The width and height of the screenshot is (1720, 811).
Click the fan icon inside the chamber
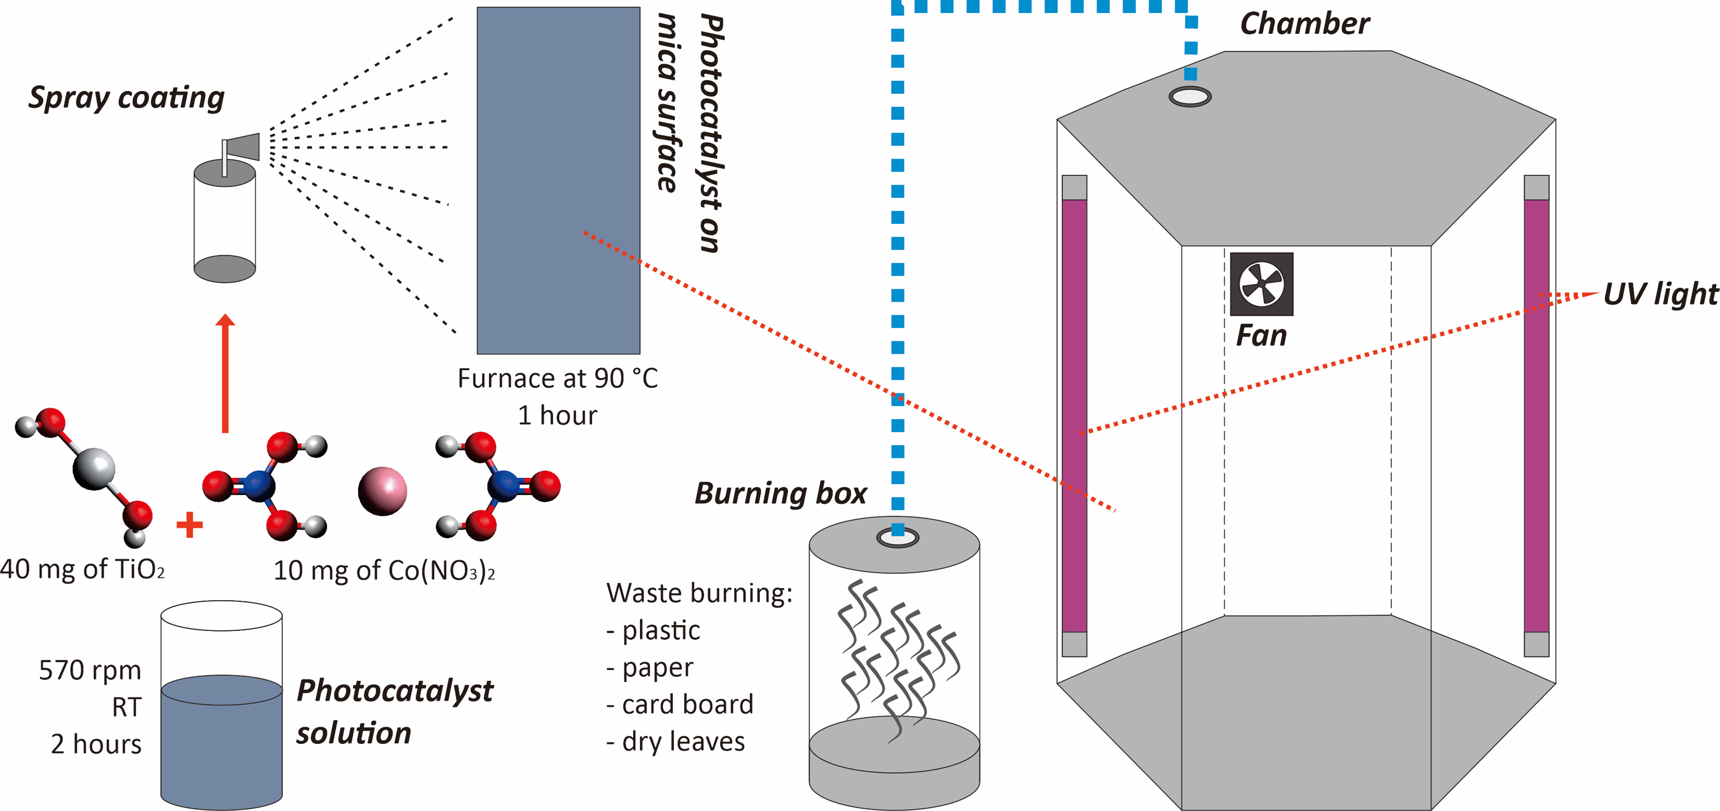click(1261, 284)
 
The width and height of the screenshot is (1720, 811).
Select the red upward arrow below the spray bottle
click(225, 373)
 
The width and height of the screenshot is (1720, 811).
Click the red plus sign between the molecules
click(190, 525)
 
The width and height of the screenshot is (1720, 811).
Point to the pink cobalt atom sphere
click(383, 491)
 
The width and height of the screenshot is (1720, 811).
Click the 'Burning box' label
click(781, 494)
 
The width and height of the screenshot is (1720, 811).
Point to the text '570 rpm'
click(90, 670)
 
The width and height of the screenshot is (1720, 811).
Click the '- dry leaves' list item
click(675, 742)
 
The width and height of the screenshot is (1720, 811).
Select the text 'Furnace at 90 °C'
click(558, 379)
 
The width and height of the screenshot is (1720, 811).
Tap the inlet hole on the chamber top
click(1190, 97)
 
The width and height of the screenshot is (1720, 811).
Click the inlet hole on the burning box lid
click(898, 537)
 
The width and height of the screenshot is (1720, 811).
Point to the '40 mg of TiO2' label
click(82, 569)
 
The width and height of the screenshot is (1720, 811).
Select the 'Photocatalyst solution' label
click(394, 712)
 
